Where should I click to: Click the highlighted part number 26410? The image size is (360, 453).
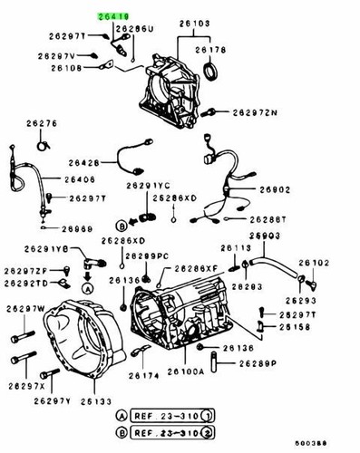(113, 16)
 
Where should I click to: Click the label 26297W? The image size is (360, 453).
(26, 310)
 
